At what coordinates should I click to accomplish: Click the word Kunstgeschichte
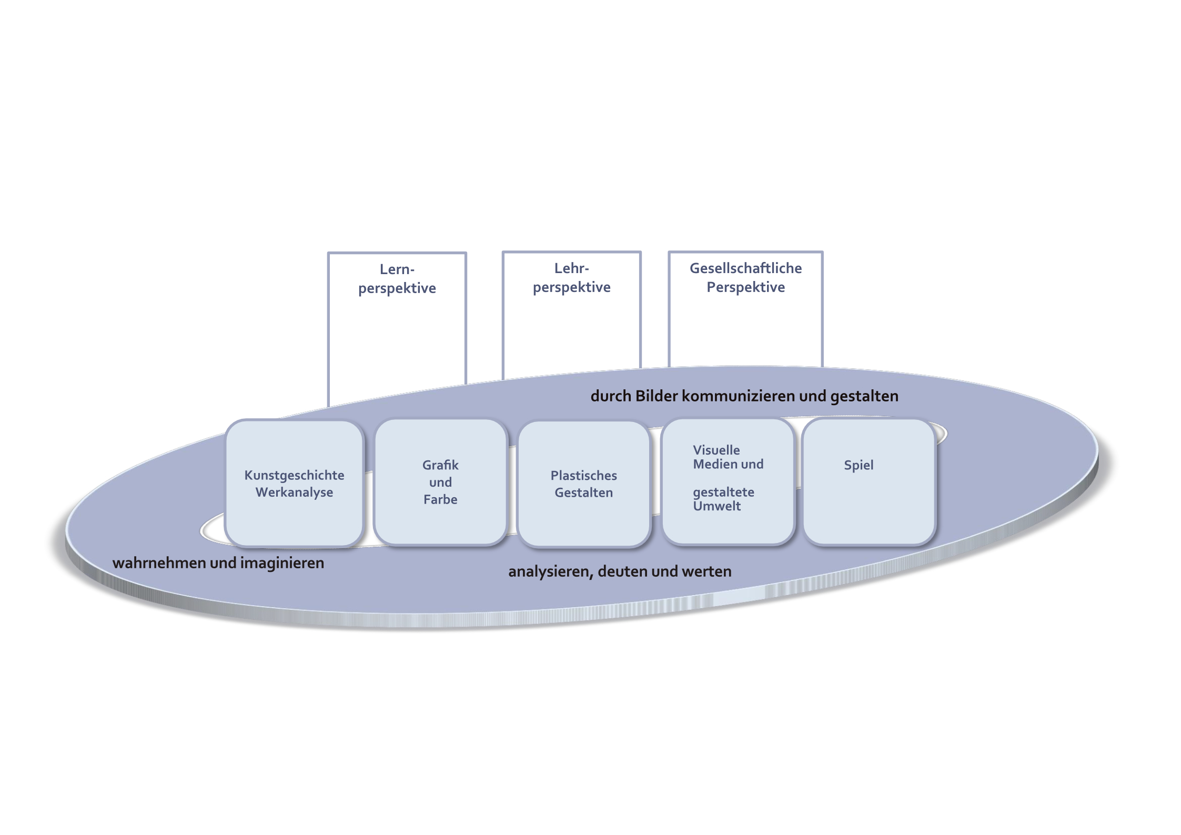point(294,475)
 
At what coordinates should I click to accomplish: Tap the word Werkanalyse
point(294,492)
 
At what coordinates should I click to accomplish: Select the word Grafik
point(440,465)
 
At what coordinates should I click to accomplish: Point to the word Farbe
point(440,499)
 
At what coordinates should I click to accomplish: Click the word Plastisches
point(583,476)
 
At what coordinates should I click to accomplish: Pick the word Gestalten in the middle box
point(583,493)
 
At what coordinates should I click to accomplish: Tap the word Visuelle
point(716,450)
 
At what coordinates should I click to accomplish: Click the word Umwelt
point(716,506)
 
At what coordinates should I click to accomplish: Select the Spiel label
point(859,465)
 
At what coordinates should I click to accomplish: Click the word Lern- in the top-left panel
point(397,269)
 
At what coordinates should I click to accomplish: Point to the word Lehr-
point(571,268)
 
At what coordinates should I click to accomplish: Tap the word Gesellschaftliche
point(745,268)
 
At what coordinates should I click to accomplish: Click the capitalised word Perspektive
point(745,287)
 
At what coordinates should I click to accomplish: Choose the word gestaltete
point(723,492)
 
